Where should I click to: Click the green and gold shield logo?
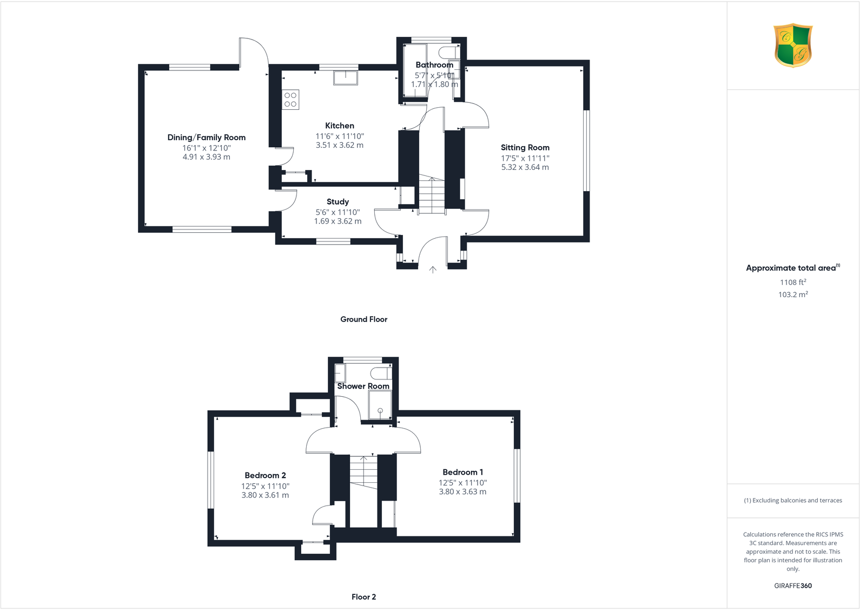point(793,45)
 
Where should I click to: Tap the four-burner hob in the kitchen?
point(290,100)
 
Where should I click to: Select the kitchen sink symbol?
point(345,78)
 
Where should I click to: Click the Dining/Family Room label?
point(206,137)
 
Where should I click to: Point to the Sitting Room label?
point(525,147)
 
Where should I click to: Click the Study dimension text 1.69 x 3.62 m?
point(338,221)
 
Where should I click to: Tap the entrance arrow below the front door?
point(433,269)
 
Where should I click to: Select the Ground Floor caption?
point(363,319)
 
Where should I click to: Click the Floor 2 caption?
point(363,596)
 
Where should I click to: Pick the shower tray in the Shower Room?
point(380,405)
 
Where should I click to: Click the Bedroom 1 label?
point(462,472)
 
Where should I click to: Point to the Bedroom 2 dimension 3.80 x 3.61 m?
point(265,495)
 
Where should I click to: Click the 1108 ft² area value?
point(792,282)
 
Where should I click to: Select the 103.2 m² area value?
point(792,294)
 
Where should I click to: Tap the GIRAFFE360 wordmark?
point(792,586)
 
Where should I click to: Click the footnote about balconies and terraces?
point(792,500)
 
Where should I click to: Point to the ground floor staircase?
point(432,195)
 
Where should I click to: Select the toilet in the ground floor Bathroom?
point(447,53)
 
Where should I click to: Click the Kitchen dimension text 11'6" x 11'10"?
point(340,136)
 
